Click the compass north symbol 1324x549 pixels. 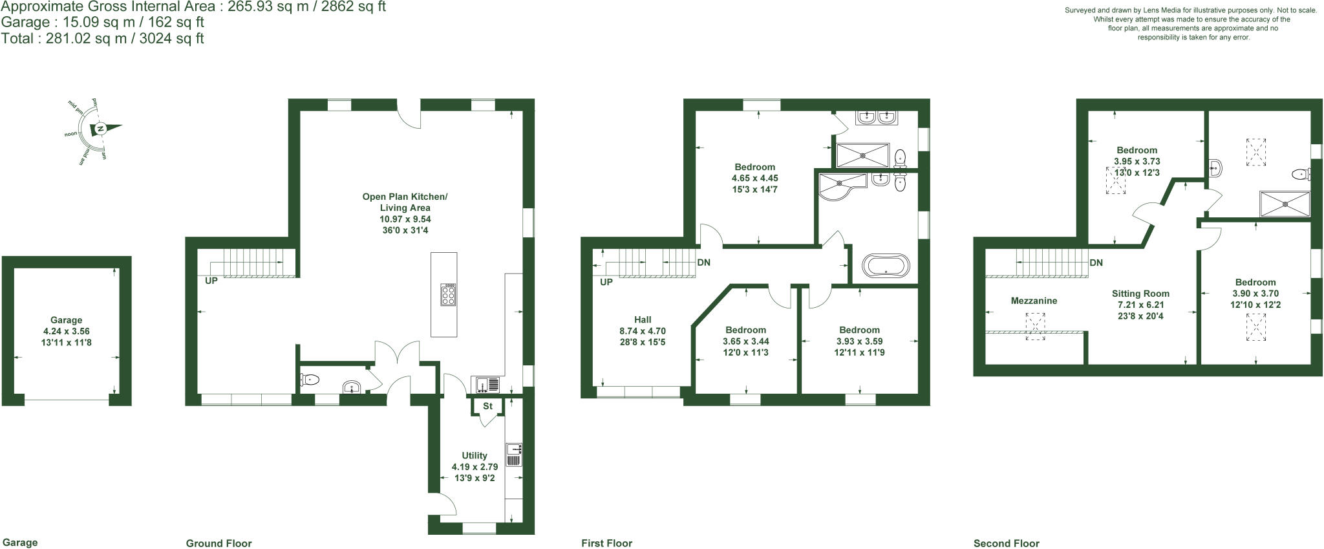click(x=101, y=129)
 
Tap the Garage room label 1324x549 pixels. click(x=67, y=320)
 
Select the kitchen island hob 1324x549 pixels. click(x=448, y=294)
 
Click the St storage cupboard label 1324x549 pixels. click(x=488, y=406)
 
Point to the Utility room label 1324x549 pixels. click(x=475, y=455)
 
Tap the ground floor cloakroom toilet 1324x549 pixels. click(x=310, y=380)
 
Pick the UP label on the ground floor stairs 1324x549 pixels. click(x=211, y=281)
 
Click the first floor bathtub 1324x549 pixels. click(x=886, y=266)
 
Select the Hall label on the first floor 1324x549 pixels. click(x=643, y=319)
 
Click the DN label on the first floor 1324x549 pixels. click(x=704, y=263)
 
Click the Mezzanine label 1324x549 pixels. click(x=1034, y=301)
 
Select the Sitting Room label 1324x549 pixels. click(x=1140, y=294)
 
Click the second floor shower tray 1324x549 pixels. click(x=1285, y=204)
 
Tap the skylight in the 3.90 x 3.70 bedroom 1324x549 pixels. click(x=1256, y=327)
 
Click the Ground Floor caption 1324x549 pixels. click(x=219, y=543)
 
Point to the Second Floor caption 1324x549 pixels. click(x=1007, y=543)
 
